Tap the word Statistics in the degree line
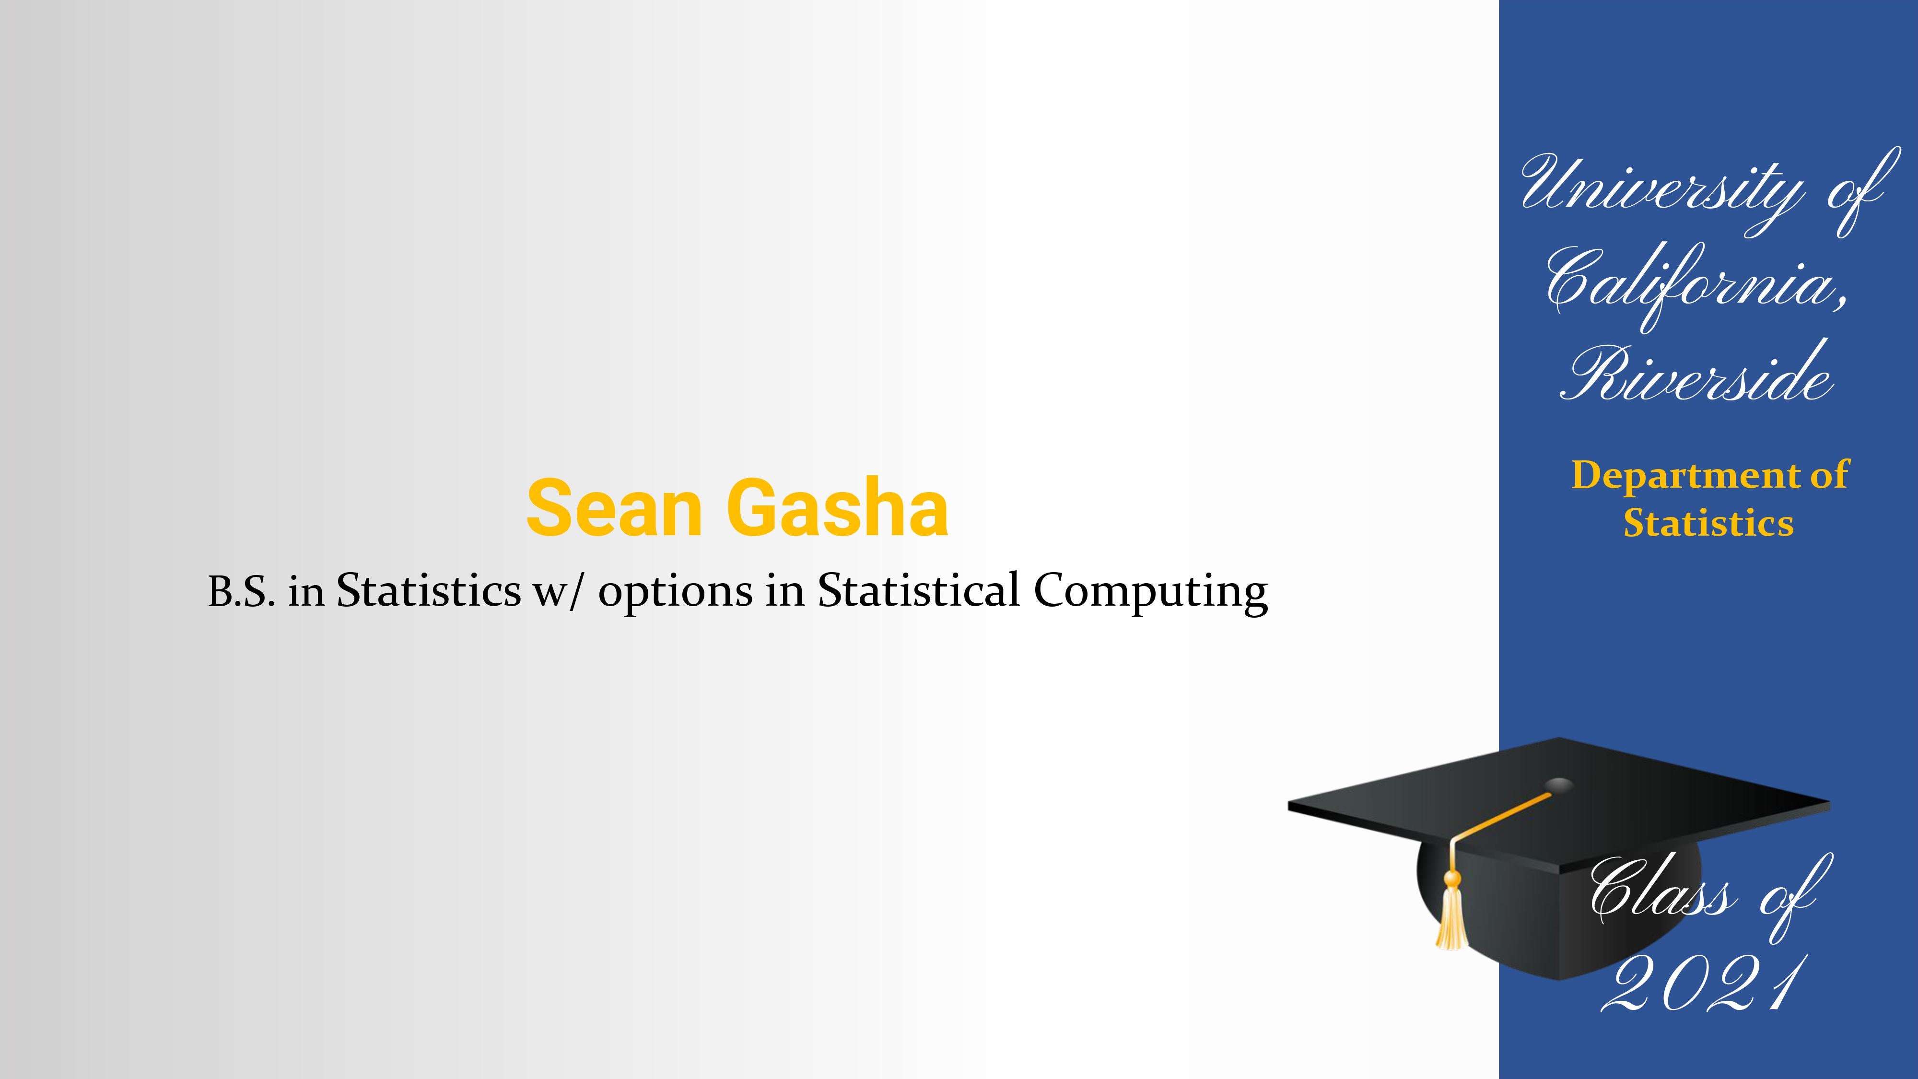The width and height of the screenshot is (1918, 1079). tap(429, 590)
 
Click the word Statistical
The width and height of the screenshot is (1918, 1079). tap(919, 590)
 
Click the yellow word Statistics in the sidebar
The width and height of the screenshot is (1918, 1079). tap(1709, 523)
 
